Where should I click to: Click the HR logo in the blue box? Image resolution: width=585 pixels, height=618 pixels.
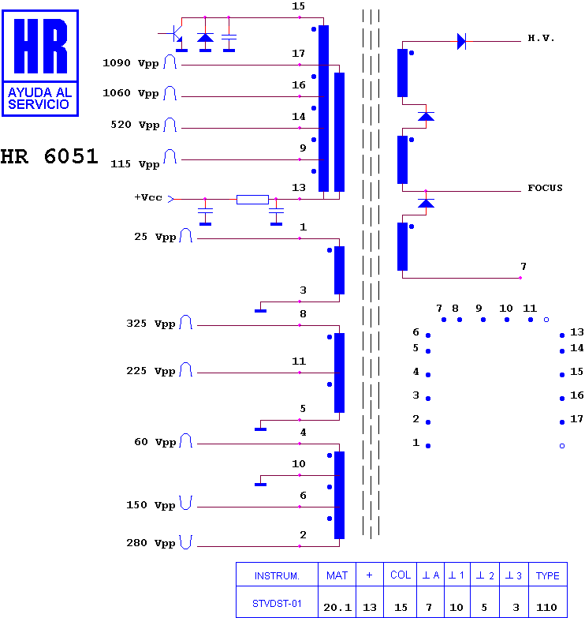(x=40, y=63)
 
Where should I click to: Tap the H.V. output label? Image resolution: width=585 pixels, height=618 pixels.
(x=541, y=38)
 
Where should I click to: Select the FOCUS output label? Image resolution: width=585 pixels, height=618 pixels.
(x=545, y=188)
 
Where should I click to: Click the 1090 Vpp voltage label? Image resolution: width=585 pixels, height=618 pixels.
(x=130, y=63)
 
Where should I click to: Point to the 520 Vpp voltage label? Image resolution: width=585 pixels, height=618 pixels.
(x=135, y=125)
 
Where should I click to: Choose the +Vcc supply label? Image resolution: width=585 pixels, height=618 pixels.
(x=148, y=197)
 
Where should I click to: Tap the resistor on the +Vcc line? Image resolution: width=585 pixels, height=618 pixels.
(x=252, y=200)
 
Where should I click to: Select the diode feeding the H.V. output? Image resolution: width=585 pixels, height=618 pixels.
(x=461, y=41)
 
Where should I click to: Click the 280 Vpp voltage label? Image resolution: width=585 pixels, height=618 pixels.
(x=151, y=543)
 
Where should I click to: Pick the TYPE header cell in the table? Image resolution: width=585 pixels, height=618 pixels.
(x=548, y=575)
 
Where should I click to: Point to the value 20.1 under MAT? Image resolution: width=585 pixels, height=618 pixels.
(x=337, y=608)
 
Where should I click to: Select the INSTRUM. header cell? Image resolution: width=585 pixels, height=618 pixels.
(x=277, y=575)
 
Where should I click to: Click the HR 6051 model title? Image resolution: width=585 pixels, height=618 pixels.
(x=49, y=156)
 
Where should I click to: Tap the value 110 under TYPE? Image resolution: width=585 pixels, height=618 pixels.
(x=546, y=608)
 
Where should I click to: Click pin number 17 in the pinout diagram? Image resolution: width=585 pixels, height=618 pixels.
(x=577, y=419)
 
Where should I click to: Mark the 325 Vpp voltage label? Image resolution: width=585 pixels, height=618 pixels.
(x=151, y=324)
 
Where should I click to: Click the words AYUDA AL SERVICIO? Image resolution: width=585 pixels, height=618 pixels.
(x=39, y=99)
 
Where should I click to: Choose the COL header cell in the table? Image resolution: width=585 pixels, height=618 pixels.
(x=401, y=575)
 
